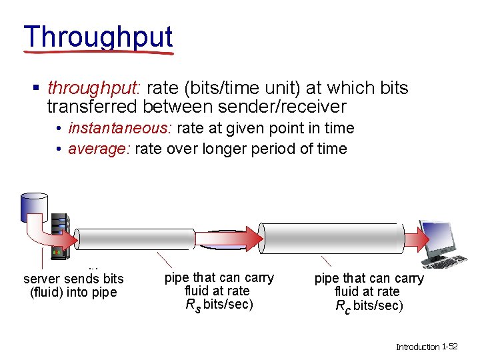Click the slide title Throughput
[x=98, y=38]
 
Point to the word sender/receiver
[x=291, y=107]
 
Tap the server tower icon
[x=59, y=235]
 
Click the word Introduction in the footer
[x=418, y=347]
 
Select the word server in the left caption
[x=42, y=279]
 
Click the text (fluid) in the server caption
[x=48, y=292]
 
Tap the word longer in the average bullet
[x=222, y=149]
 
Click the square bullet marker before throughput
[x=37, y=89]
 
